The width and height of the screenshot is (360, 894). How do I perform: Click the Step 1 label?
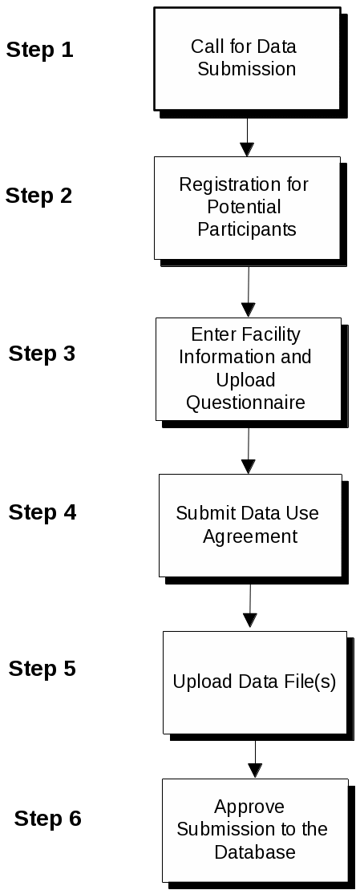tap(40, 51)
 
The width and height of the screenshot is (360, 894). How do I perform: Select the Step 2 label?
tap(38, 196)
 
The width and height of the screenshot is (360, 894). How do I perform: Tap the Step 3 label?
tap(42, 354)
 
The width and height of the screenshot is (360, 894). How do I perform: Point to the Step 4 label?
tap(42, 512)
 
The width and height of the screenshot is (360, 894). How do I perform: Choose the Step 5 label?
tap(42, 668)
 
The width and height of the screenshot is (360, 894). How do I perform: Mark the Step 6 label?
tap(48, 819)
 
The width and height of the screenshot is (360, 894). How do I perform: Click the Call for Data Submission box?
tap(247, 59)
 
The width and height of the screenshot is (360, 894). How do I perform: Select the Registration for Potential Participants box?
tap(247, 208)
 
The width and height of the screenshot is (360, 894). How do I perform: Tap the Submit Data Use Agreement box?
tap(250, 526)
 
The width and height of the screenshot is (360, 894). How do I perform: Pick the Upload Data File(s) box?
tap(255, 682)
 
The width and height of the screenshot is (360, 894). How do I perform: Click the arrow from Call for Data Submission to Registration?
tap(247, 137)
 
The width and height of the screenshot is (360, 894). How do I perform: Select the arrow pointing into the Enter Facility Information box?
tap(249, 292)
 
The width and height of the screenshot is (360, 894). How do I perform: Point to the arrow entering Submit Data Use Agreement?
tap(249, 451)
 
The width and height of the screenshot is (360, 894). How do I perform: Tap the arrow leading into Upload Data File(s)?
tap(250, 605)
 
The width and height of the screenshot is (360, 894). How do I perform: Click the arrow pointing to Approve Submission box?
tap(255, 759)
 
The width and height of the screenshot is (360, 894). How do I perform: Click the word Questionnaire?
tap(246, 403)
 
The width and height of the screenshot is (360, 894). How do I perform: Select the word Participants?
tap(247, 229)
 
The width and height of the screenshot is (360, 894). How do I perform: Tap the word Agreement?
tap(250, 537)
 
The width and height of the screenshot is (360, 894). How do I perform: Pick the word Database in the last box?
tap(255, 852)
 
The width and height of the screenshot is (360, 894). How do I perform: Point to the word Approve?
tap(249, 807)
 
